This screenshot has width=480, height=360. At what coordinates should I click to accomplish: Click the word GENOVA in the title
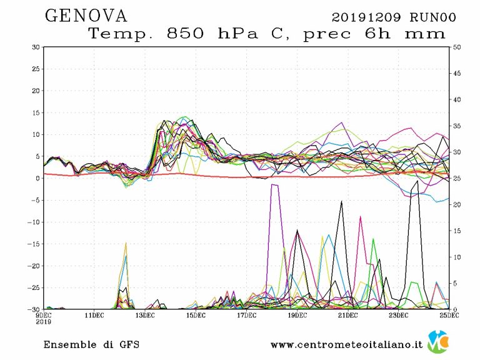point(86,16)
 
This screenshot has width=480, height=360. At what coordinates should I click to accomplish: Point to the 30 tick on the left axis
point(36,47)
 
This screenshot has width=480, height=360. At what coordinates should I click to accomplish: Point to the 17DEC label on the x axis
point(246,316)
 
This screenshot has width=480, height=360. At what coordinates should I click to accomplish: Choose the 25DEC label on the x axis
point(449,316)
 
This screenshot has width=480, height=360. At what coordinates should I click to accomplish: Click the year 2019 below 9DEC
point(44,321)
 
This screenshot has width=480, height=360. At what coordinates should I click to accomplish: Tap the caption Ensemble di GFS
point(91,344)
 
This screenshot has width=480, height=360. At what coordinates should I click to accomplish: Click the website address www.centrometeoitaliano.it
point(347,344)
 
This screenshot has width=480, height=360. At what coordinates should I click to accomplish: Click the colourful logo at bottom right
point(437,342)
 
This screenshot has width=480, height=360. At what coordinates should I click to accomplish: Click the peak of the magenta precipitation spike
point(360,217)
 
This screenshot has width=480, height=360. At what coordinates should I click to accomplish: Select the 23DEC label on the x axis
point(399,316)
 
